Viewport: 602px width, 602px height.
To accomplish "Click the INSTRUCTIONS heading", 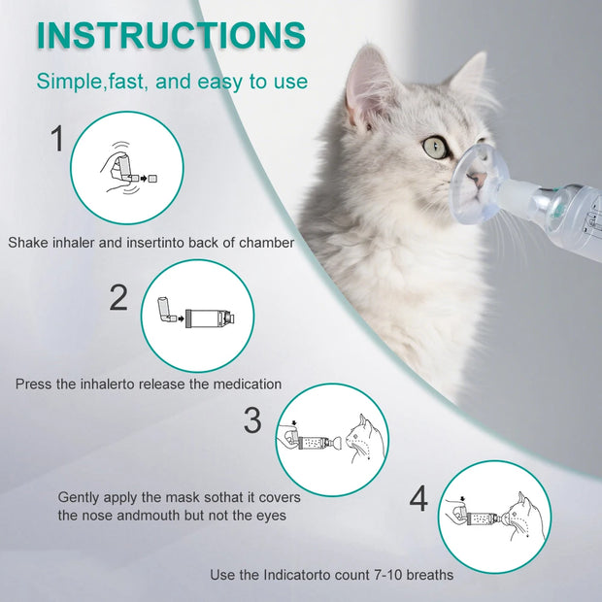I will pyautogui.click(x=171, y=35).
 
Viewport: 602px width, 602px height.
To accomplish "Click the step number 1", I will pyautogui.click(x=57, y=139).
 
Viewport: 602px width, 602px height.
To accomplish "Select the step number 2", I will pyautogui.click(x=118, y=297).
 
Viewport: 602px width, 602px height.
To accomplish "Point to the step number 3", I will pyautogui.click(x=252, y=420).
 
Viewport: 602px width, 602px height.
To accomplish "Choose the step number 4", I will pyautogui.click(x=418, y=499).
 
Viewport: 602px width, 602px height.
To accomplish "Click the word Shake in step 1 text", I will pyautogui.click(x=28, y=242).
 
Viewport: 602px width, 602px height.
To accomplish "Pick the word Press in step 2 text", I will pyautogui.click(x=34, y=384).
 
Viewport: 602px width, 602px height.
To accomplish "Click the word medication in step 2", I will pyautogui.click(x=246, y=384).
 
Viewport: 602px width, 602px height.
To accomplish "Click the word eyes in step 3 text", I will pyautogui.click(x=272, y=515).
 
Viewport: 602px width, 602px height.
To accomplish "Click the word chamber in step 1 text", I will pyautogui.click(x=264, y=242).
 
